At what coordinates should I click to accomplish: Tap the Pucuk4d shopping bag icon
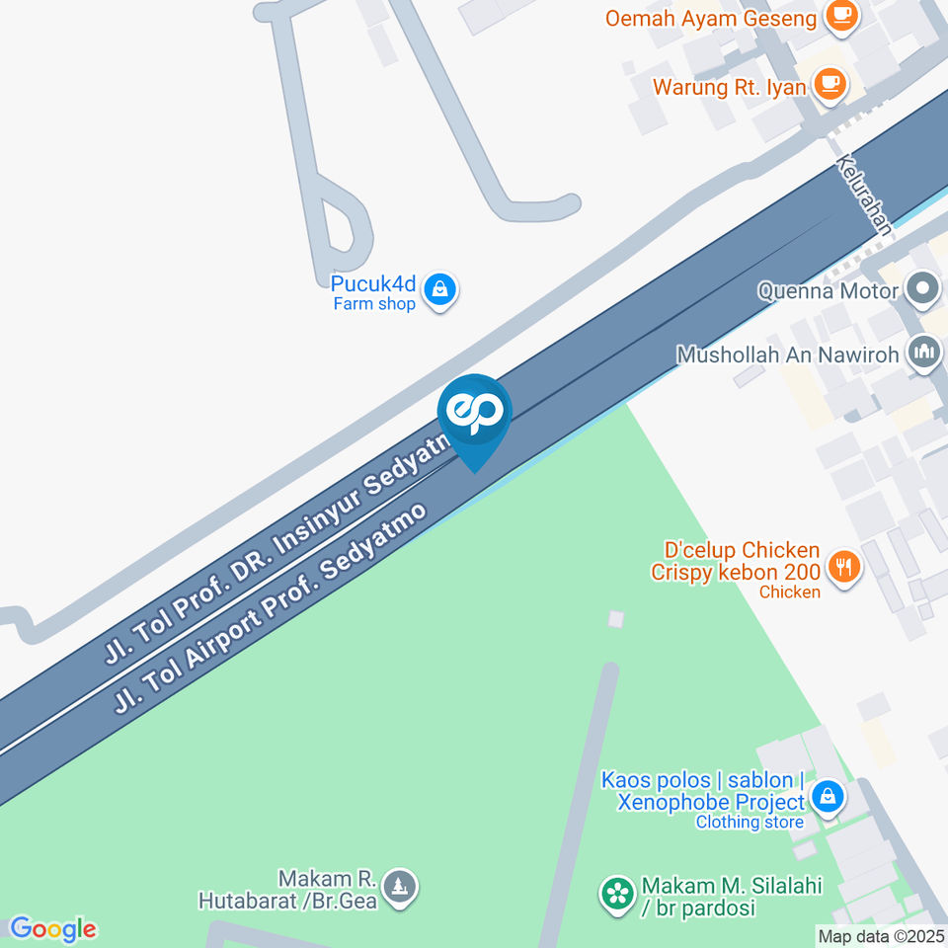click(438, 290)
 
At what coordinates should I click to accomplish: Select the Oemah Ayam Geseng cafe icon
click(842, 16)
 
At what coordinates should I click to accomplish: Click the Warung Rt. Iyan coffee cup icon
click(829, 85)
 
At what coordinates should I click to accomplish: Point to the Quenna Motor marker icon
click(923, 290)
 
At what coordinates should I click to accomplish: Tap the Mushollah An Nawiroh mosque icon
click(924, 352)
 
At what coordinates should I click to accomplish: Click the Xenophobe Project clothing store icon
click(828, 795)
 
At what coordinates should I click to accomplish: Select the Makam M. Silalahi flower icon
click(617, 895)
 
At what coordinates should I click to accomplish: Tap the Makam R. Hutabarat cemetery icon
click(400, 886)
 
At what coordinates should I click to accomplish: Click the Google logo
click(52, 929)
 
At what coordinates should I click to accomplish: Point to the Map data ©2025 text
click(882, 936)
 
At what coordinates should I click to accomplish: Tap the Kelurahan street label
click(864, 195)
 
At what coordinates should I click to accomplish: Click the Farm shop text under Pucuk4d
click(373, 304)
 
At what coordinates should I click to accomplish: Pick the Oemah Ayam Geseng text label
click(711, 18)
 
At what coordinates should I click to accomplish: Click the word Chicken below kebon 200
click(789, 592)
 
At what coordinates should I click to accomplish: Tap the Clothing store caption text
click(749, 822)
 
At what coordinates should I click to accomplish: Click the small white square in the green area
click(616, 619)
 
